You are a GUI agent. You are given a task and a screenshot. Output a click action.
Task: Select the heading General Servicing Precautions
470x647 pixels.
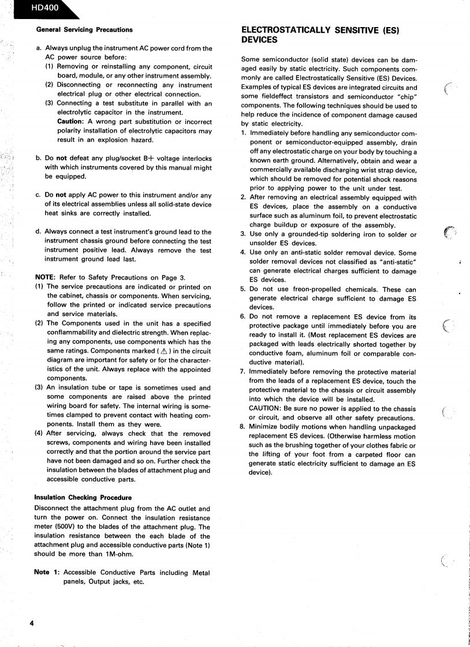point(84,29)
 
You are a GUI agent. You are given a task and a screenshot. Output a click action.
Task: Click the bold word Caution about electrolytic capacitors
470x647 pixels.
point(71,121)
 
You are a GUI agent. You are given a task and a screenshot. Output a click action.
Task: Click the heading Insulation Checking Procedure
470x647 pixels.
point(83,497)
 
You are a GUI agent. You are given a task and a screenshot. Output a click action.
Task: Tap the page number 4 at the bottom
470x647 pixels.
point(32,623)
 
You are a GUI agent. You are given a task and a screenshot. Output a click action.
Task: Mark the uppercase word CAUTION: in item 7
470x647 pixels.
point(265,409)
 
